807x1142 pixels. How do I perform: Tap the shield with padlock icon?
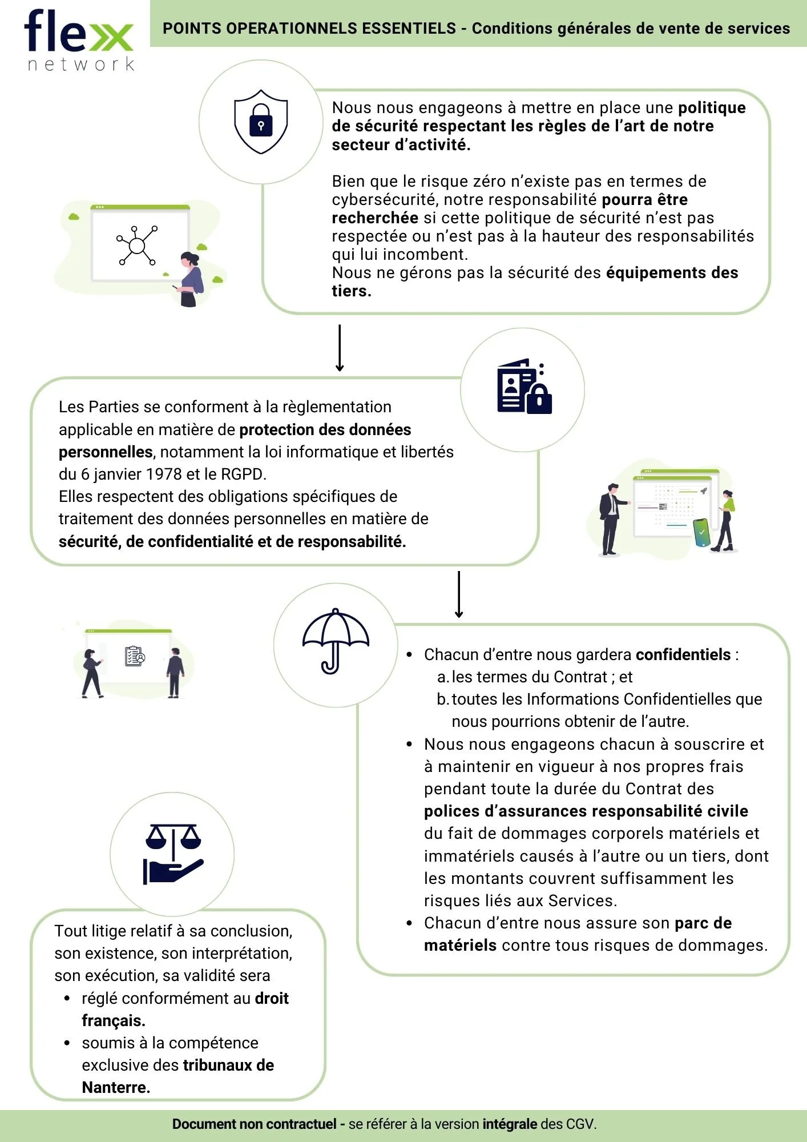click(x=261, y=122)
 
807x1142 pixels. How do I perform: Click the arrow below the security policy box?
click(x=340, y=348)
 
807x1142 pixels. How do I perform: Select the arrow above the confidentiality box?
click(x=459, y=594)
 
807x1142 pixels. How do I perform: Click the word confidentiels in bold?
click(x=683, y=654)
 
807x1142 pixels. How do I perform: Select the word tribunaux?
click(x=217, y=1065)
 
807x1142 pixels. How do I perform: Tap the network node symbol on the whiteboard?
click(x=137, y=246)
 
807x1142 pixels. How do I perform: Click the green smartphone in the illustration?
click(x=701, y=532)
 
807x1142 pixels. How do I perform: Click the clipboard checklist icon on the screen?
click(x=135, y=657)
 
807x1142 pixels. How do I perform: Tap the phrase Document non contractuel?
click(x=254, y=1124)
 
